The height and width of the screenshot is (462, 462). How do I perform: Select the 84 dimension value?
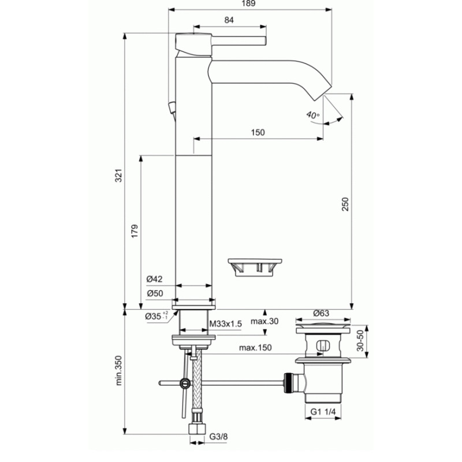tap(229, 20)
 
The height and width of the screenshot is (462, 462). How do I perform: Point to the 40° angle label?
tap(312, 114)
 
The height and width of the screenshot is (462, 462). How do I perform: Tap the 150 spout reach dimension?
tap(258, 132)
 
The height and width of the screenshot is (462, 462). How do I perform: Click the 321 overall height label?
tap(118, 176)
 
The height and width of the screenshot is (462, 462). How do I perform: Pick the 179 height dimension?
tap(135, 232)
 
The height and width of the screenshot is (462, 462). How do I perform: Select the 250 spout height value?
tap(345, 204)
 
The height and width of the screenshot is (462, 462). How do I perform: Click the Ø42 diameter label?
tap(154, 279)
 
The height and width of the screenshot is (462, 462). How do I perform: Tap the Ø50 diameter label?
tap(155, 293)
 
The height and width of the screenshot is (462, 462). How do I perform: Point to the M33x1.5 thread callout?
tap(225, 324)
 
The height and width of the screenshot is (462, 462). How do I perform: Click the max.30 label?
tap(264, 321)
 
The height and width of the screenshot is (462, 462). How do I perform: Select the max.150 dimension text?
tap(255, 348)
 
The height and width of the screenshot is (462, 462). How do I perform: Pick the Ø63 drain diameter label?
tap(321, 313)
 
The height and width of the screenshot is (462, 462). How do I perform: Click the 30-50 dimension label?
tap(360, 340)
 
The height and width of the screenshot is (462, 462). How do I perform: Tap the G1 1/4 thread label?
tap(323, 412)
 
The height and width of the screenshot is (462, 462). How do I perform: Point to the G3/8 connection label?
tap(218, 437)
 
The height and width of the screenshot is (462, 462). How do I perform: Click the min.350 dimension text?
tap(118, 370)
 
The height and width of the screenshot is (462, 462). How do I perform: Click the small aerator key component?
tap(255, 267)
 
